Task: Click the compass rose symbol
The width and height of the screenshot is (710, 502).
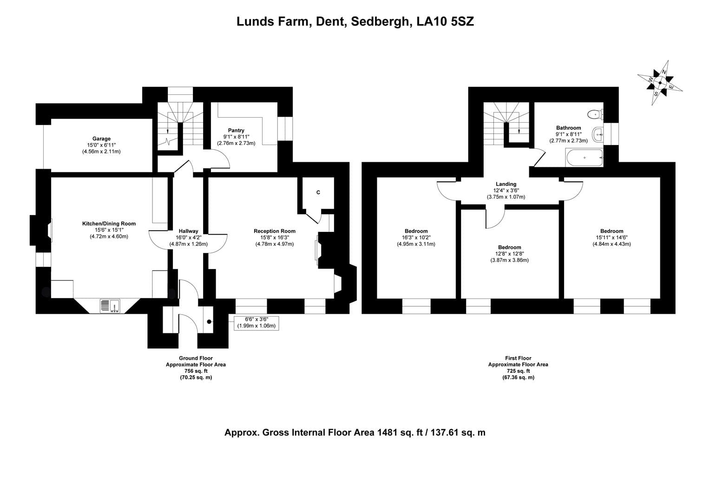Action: click(x=660, y=83)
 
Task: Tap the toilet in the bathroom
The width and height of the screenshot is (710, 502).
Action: click(x=595, y=114)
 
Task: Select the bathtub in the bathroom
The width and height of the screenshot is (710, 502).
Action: click(x=584, y=158)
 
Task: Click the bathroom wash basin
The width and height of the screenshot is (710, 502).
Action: click(x=598, y=134)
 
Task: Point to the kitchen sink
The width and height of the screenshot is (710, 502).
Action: click(x=110, y=306)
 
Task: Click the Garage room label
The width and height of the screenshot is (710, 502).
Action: click(x=101, y=139)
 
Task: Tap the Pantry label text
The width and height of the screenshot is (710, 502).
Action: click(x=236, y=130)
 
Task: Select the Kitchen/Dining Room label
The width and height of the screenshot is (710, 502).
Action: click(x=109, y=224)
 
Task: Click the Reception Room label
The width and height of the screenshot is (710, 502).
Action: click(x=275, y=231)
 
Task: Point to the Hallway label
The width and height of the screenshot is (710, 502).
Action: click(x=188, y=231)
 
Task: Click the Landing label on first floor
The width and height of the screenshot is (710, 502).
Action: click(x=506, y=184)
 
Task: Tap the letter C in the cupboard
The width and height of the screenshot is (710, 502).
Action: click(x=318, y=192)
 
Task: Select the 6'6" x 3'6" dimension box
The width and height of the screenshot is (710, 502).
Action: click(x=256, y=323)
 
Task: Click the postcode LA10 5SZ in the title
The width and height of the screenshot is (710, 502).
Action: click(x=445, y=21)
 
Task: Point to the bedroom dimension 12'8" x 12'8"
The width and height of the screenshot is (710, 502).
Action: click(x=509, y=254)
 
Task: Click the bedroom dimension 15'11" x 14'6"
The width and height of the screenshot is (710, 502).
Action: click(x=612, y=238)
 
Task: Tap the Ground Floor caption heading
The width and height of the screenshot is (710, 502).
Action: click(x=196, y=358)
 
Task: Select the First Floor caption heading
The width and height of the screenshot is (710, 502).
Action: click(x=518, y=358)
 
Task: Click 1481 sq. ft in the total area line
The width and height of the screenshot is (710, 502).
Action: click(x=400, y=433)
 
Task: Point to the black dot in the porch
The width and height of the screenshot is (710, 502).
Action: click(x=209, y=322)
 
